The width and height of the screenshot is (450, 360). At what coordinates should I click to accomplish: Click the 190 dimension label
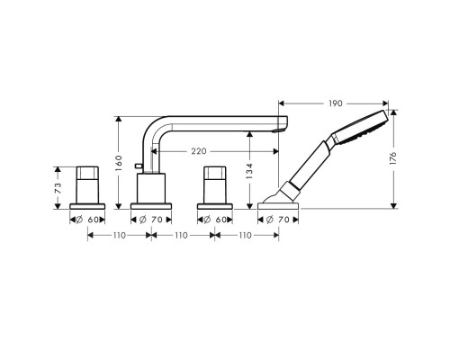tap(336, 103)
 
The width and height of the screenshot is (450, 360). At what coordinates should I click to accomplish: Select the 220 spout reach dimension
tap(199, 151)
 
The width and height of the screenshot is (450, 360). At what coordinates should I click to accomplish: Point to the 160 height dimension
tap(119, 163)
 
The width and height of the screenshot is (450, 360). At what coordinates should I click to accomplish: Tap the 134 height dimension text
tap(249, 171)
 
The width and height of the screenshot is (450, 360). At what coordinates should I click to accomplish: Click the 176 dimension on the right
tap(393, 158)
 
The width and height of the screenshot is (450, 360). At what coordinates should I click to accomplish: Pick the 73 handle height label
tap(58, 188)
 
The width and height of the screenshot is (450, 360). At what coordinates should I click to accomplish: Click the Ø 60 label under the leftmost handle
tap(87, 220)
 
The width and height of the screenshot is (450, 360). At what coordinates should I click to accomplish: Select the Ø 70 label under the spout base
tap(151, 220)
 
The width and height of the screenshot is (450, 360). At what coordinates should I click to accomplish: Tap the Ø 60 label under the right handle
tap(215, 220)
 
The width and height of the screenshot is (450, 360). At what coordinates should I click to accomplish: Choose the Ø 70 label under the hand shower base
tap(278, 220)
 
